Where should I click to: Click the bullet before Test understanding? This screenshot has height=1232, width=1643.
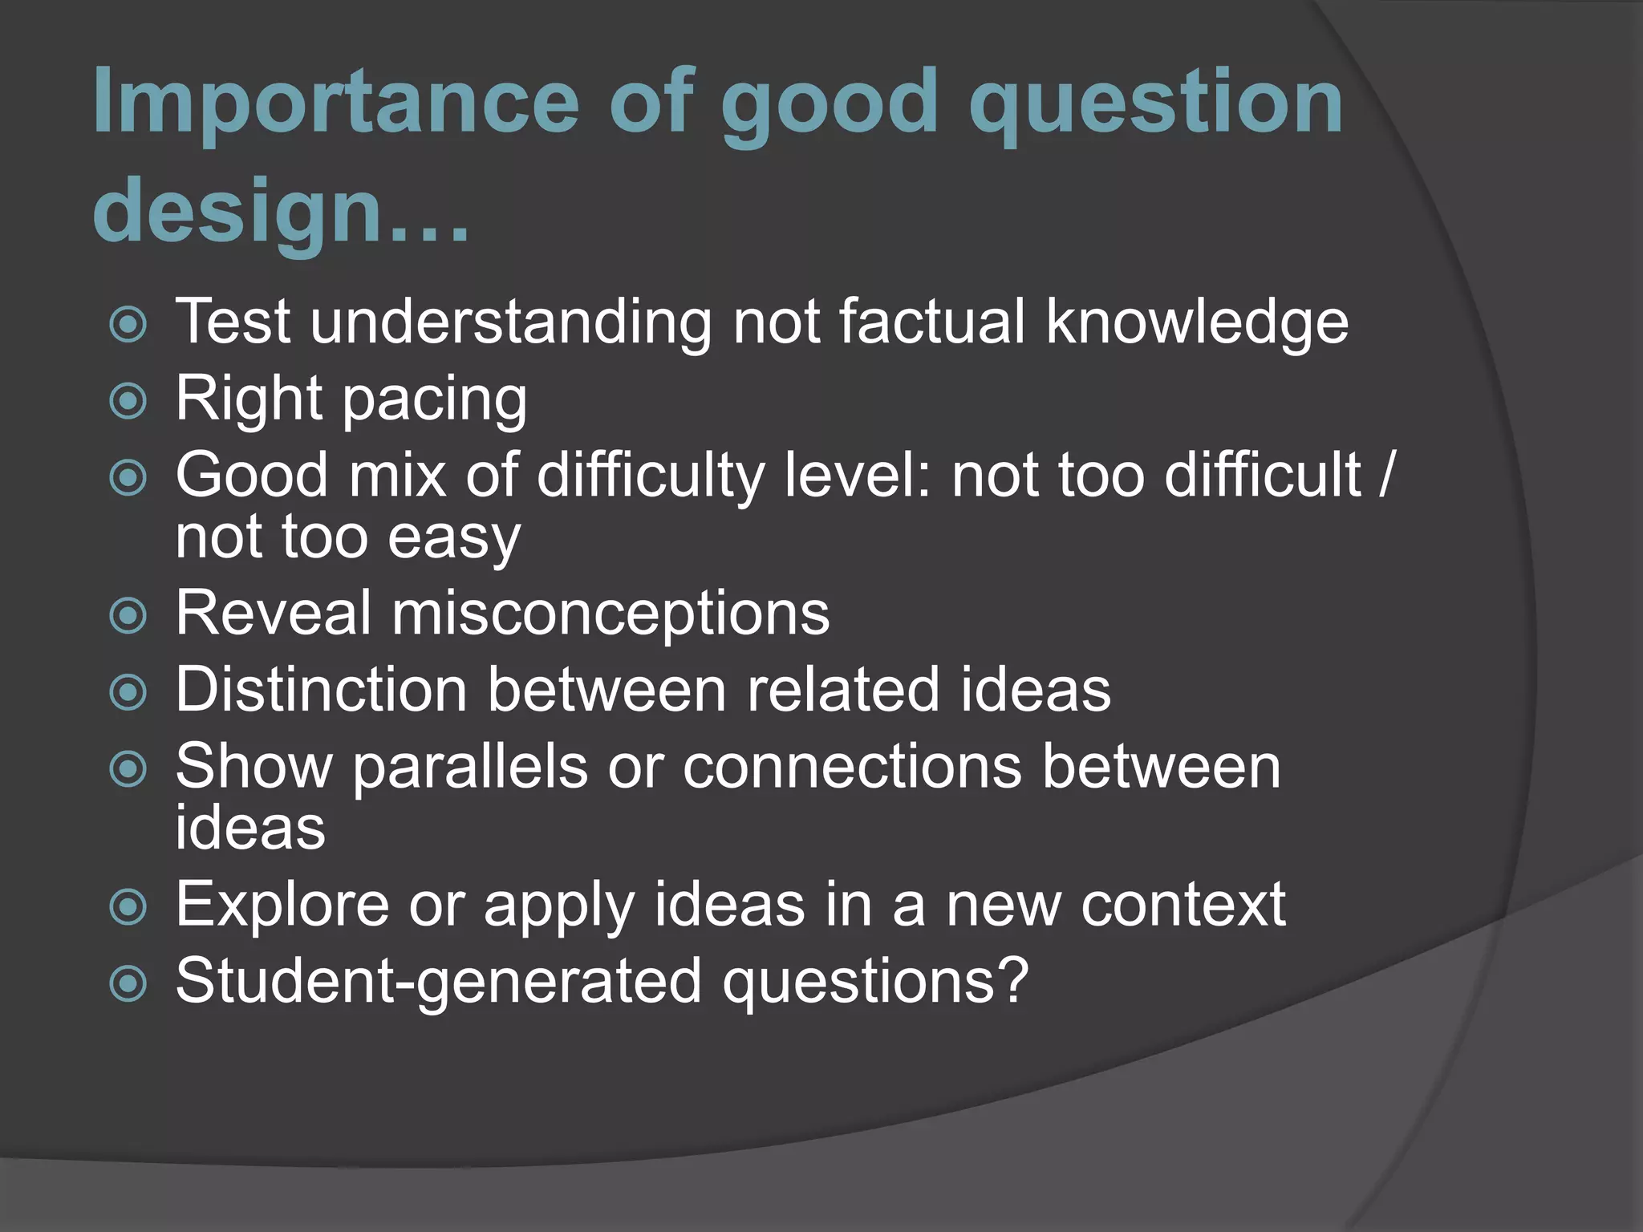128,325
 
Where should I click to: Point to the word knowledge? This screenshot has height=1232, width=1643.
1197,322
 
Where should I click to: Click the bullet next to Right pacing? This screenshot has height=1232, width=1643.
128,401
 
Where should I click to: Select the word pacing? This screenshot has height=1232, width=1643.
435,401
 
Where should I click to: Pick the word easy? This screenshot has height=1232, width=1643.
454,539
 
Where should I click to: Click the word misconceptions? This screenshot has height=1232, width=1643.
611,614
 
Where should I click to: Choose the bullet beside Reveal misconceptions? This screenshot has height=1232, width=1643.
128,616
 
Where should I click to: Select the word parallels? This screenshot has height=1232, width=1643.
469,767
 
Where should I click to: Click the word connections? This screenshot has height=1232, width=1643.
852,767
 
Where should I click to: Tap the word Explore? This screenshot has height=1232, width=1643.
282,906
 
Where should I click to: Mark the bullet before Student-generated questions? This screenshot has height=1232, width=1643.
128,983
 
